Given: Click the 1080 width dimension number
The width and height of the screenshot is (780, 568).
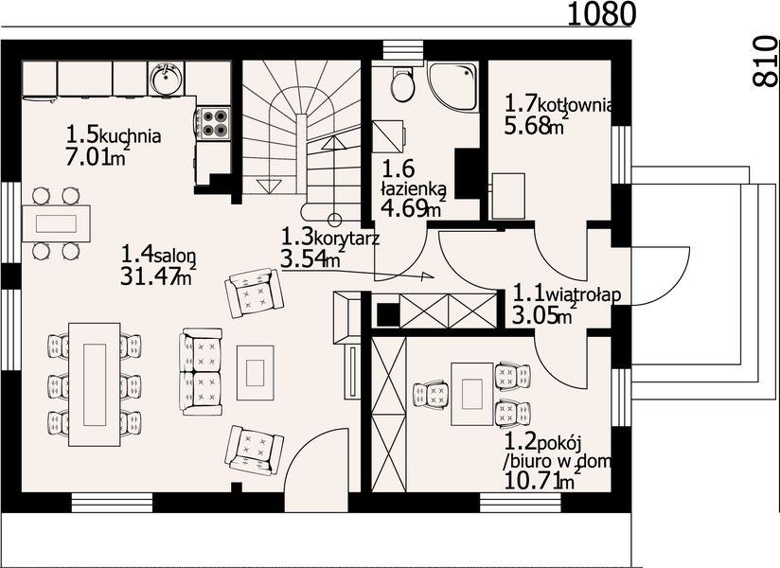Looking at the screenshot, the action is pos(601,13).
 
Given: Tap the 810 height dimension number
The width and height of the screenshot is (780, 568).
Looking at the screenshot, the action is pos(765,62).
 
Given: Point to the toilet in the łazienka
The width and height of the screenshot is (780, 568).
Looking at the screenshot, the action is pos(402,82).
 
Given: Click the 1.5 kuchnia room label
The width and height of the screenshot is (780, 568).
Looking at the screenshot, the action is pos(114,134).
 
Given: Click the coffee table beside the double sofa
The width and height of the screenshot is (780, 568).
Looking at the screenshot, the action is pos(256,373).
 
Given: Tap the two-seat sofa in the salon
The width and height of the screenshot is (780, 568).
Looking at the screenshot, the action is pos(201,371).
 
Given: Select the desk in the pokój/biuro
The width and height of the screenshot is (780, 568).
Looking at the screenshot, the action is pos(472,394).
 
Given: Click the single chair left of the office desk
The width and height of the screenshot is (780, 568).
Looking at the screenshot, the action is pos(431,394).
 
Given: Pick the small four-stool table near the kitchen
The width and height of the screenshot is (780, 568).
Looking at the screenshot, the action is pos(56,223).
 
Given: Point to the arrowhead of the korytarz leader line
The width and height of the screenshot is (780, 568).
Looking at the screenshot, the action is pos(428,276).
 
